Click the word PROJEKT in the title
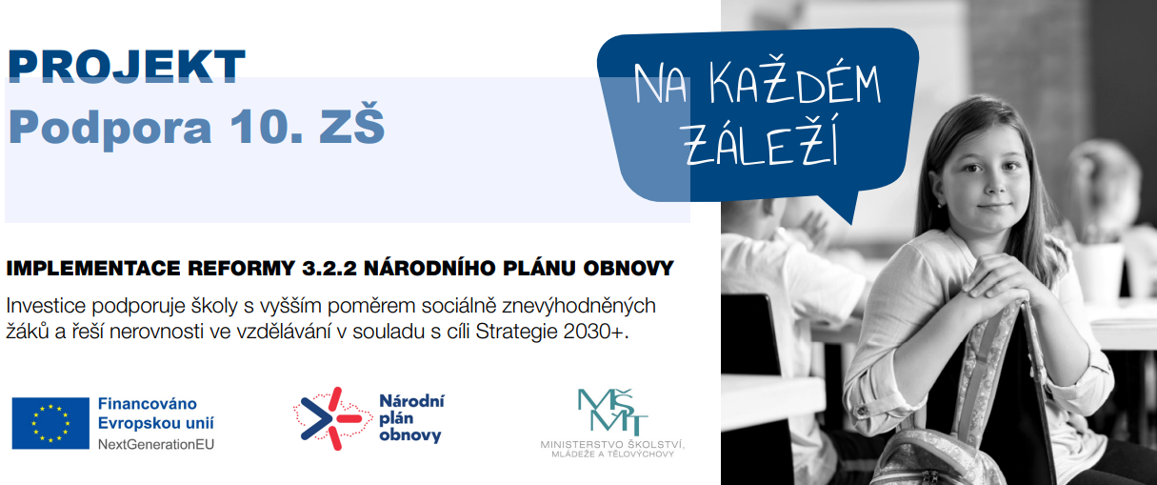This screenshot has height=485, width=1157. pos(126,67)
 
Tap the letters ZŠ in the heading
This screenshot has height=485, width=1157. pos(351,124)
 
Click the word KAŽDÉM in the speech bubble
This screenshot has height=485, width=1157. pos(795,83)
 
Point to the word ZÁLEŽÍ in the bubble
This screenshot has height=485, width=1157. pos(760,142)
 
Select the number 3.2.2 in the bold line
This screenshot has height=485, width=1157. pos(329,269)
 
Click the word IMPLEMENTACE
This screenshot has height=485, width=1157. pos(93,269)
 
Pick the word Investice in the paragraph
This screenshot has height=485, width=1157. pos(46,306)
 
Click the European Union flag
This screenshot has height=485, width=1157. pos(50,423)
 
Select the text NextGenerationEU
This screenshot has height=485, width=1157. pos(156,444)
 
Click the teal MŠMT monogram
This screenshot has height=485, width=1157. pos(612,412)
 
